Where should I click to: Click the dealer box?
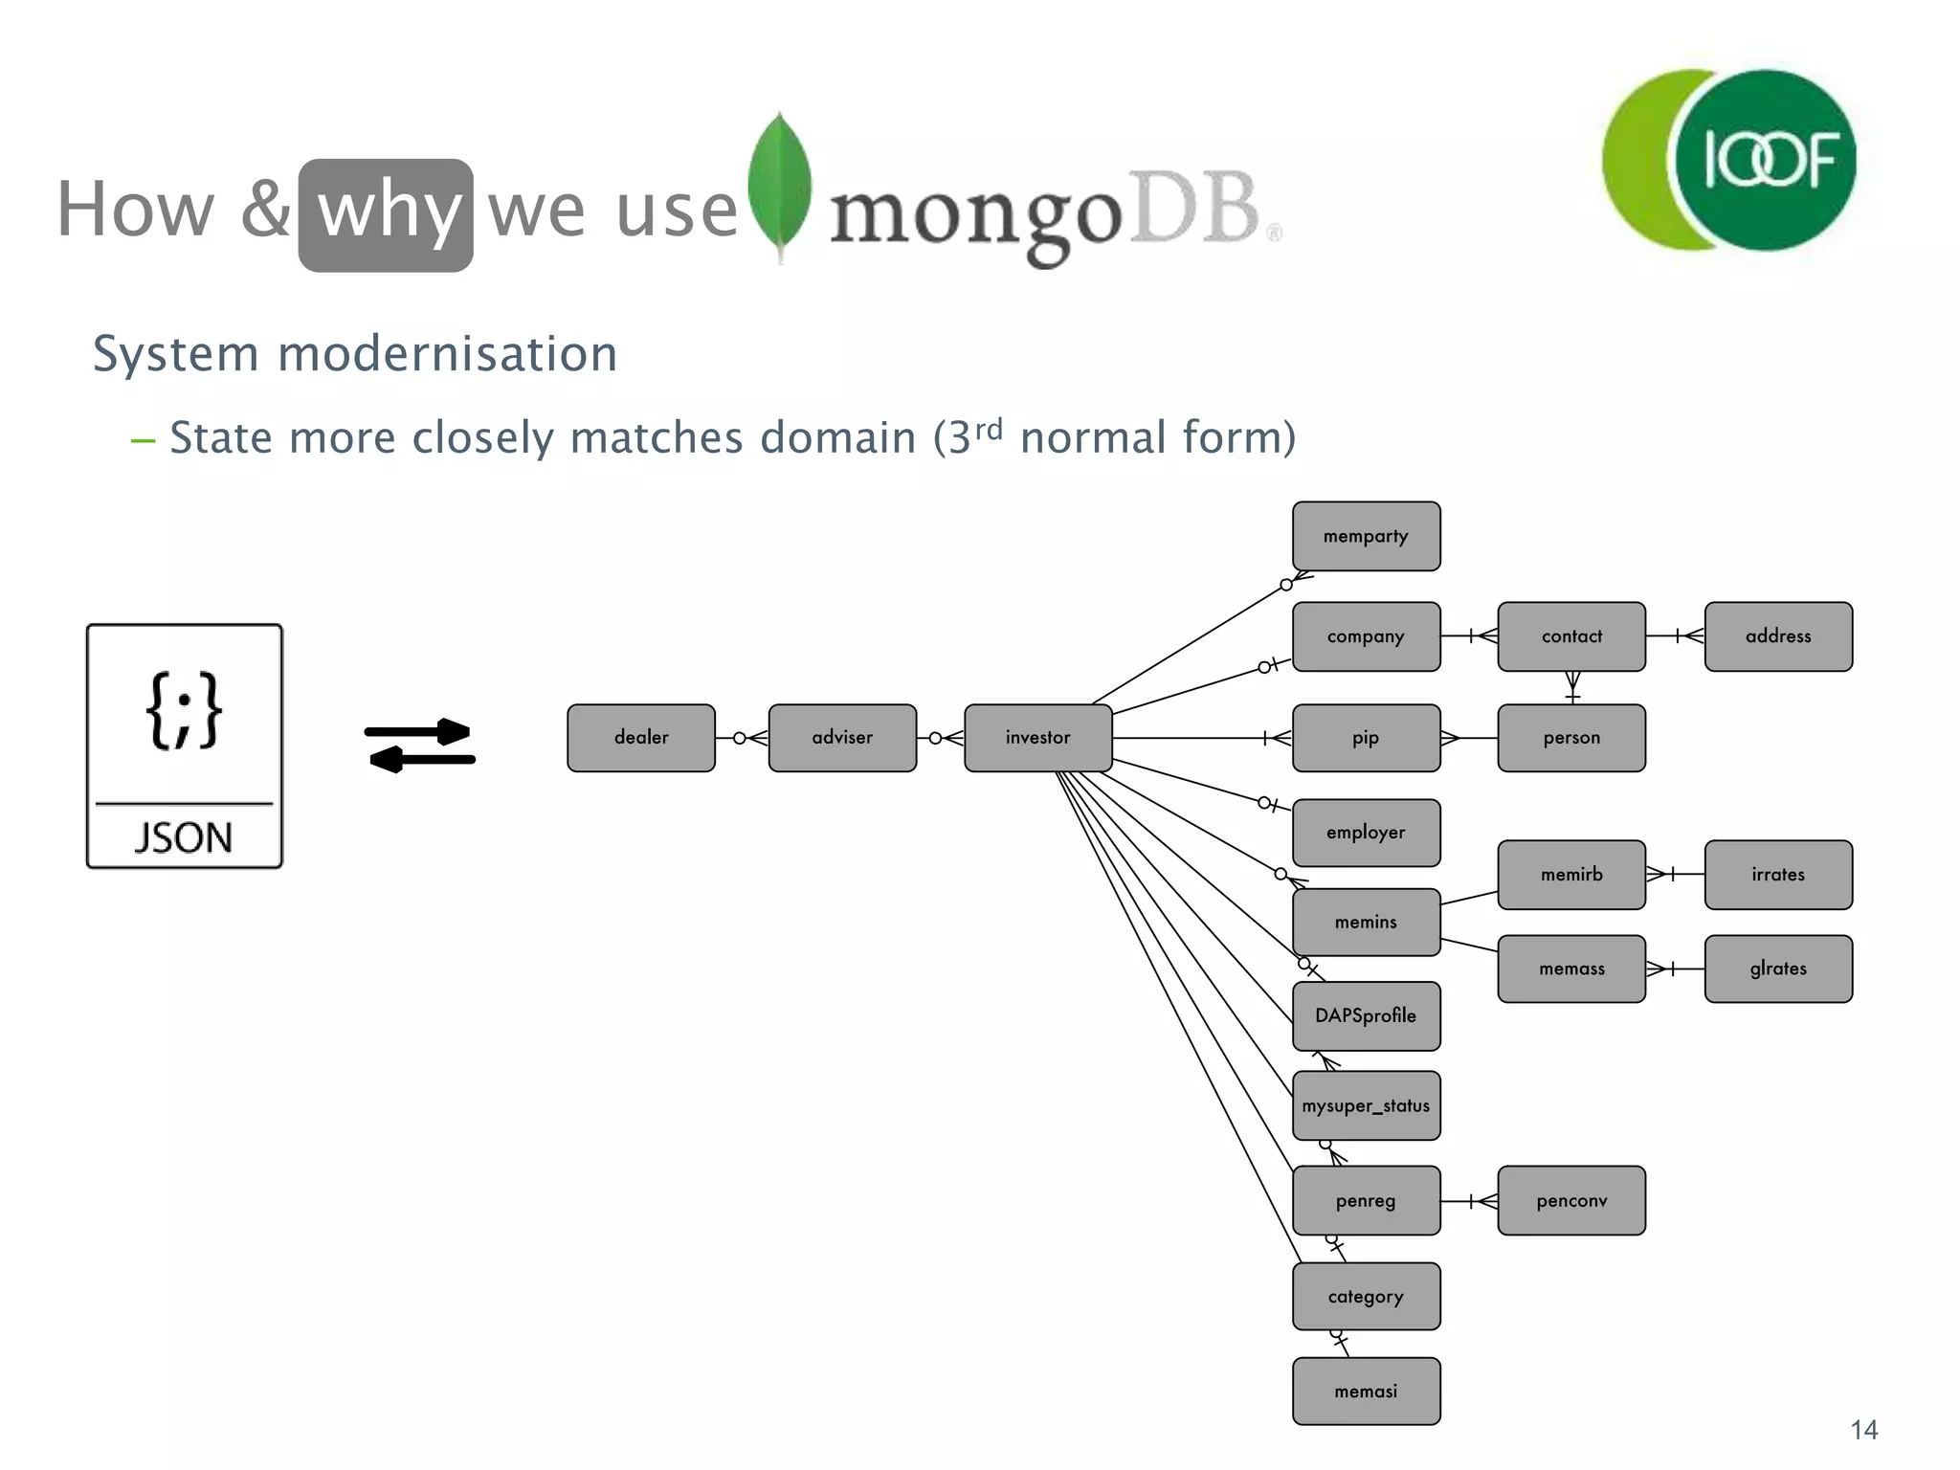click(640, 738)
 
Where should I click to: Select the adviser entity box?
click(842, 738)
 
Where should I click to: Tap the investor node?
click(1037, 738)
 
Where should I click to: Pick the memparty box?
click(1366, 537)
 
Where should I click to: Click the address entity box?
click(1777, 636)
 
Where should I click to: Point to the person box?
click(1570, 738)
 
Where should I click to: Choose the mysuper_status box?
click(1366, 1106)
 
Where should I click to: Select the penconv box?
click(1570, 1201)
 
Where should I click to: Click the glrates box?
click(1777, 969)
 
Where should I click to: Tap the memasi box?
click(1366, 1392)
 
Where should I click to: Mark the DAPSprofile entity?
click(1366, 1016)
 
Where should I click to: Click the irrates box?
click(1777, 875)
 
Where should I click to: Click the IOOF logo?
click(1730, 160)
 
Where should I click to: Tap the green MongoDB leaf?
click(780, 185)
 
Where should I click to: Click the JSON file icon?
click(185, 746)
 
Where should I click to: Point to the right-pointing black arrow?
click(418, 732)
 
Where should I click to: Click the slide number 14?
click(1863, 1430)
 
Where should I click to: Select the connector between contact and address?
click(1675, 635)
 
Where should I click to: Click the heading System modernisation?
click(355, 354)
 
